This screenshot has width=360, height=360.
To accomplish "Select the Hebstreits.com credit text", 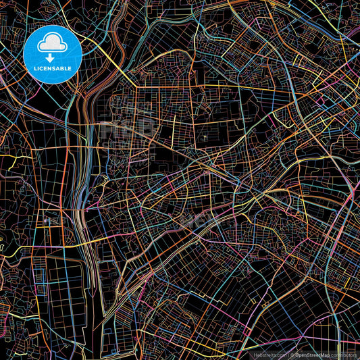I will pyautogui.click(x=269, y=354).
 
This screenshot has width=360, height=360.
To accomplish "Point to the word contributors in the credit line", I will pyautogui.click(x=345, y=354).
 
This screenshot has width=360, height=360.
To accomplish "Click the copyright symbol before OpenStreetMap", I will pyautogui.click(x=293, y=354).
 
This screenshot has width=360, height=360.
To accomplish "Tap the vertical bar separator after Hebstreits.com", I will pyautogui.click(x=288, y=354).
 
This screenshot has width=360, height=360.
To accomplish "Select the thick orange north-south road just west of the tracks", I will pyautogui.click(x=70, y=203).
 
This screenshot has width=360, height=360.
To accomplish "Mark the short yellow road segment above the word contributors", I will pyautogui.click(x=344, y=341).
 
